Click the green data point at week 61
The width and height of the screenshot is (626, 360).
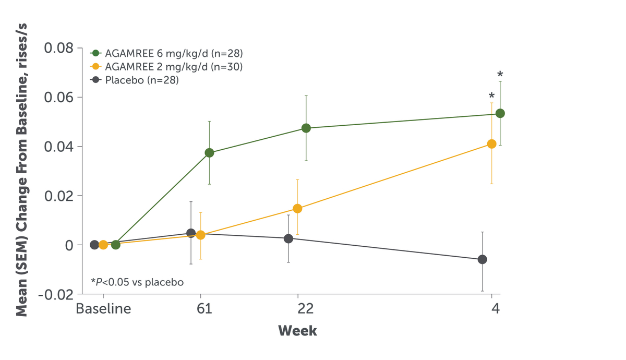(x=209, y=153)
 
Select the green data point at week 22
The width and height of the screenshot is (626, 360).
(x=306, y=128)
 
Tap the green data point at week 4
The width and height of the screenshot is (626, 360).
(x=500, y=113)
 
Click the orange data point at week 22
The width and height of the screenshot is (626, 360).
(x=297, y=209)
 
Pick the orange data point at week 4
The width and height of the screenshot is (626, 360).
(x=491, y=144)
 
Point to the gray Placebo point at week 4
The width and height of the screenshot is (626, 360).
(x=483, y=259)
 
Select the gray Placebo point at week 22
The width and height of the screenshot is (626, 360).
(x=288, y=238)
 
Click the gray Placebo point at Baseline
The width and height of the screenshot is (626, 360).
(x=94, y=245)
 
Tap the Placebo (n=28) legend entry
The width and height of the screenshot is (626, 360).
(x=136, y=80)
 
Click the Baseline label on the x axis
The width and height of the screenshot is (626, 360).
(x=103, y=309)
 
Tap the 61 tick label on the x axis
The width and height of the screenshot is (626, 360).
(x=204, y=309)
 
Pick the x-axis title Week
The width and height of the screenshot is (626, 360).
(x=297, y=331)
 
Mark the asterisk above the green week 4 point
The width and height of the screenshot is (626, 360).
(x=500, y=75)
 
